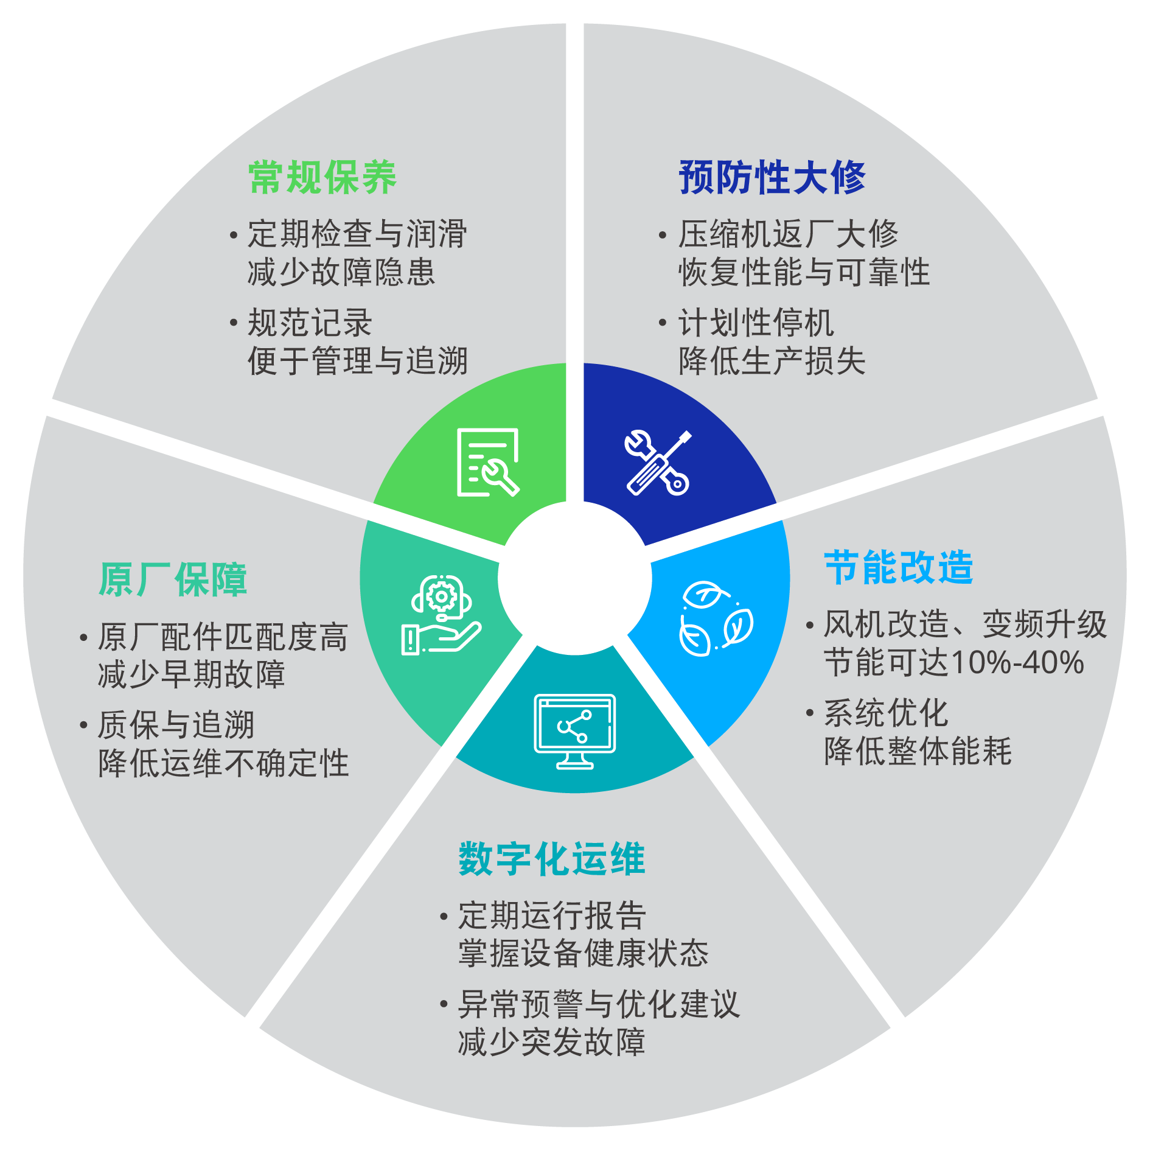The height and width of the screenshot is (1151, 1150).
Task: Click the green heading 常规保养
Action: point(322,178)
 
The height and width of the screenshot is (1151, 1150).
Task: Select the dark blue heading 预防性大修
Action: point(772,178)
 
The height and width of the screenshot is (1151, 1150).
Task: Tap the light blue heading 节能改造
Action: point(898,567)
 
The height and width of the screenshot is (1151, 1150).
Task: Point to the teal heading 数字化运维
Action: point(551,859)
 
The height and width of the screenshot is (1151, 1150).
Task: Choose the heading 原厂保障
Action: point(173,579)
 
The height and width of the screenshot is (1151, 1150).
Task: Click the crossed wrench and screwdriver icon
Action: point(657,463)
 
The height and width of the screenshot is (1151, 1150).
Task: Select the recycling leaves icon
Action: point(716,618)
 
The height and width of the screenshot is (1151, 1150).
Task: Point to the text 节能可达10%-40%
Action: point(953,662)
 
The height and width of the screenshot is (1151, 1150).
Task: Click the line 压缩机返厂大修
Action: point(788,234)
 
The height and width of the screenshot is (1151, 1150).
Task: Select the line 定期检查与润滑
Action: point(357,234)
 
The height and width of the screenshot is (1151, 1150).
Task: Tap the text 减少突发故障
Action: point(551,1042)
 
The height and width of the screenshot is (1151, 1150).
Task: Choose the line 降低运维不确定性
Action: point(223,763)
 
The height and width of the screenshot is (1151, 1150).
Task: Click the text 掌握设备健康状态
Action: point(583,953)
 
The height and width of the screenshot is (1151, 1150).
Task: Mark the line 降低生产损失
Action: point(772,361)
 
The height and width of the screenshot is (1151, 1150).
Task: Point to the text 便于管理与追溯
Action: point(357,361)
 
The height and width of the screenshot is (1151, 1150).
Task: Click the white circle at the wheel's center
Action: point(574,578)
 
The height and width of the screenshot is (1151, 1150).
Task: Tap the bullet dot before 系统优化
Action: point(810,712)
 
